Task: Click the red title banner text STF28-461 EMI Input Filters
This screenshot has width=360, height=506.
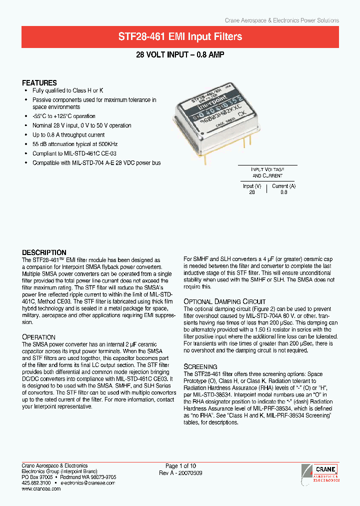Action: pyautogui.click(x=180, y=36)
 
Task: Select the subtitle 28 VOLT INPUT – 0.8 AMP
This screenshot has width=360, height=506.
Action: pyautogui.click(x=180, y=55)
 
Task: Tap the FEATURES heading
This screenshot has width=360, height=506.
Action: pyautogui.click(x=39, y=83)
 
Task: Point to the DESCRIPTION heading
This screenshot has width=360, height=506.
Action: pyautogui.click(x=44, y=252)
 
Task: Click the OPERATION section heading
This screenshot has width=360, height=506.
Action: pyautogui.click(x=39, y=337)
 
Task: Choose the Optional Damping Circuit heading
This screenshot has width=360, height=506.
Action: pyautogui.click(x=224, y=301)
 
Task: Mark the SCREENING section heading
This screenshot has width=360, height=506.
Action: pyautogui.click(x=200, y=366)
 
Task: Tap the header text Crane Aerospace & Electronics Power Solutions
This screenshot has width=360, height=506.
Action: pyautogui.click(x=282, y=20)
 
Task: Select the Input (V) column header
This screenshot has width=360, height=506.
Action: pyautogui.click(x=252, y=186)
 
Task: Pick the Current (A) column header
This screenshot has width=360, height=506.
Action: pyautogui.click(x=283, y=186)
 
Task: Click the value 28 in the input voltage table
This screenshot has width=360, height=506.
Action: pyautogui.click(x=252, y=192)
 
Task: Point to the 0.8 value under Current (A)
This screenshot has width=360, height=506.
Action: pyautogui.click(x=283, y=192)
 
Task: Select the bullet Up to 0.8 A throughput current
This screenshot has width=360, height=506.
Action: pyautogui.click(x=68, y=135)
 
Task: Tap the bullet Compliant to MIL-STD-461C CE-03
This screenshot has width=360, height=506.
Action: pyautogui.click(x=74, y=153)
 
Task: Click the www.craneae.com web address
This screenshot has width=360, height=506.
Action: pyautogui.click(x=41, y=489)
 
